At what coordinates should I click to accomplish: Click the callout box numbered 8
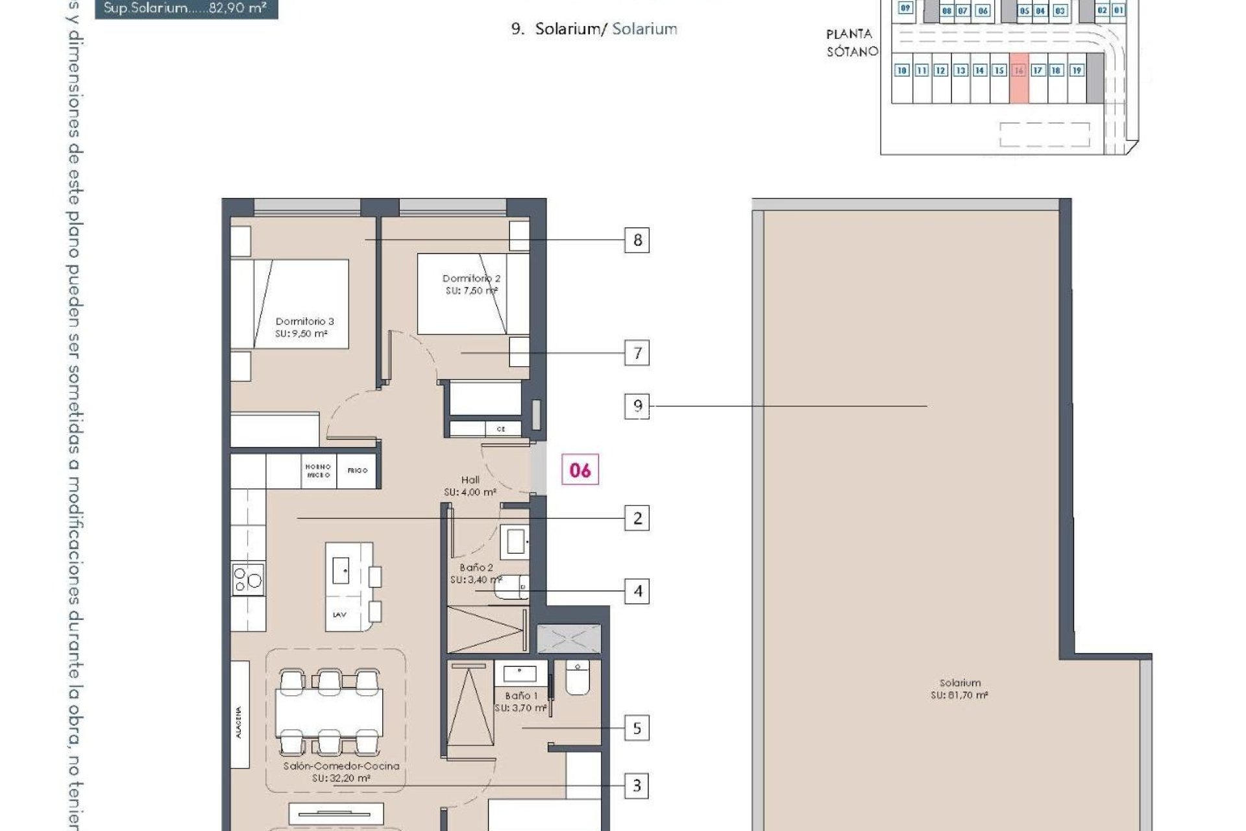(637, 240)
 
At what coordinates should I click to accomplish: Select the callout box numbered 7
(637, 353)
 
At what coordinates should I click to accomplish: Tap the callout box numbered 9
(637, 406)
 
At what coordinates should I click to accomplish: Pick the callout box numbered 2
(637, 519)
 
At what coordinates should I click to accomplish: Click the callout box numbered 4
(637, 591)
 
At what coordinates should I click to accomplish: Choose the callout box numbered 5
(637, 728)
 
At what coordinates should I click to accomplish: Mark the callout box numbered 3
(637, 786)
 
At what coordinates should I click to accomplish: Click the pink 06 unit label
(580, 470)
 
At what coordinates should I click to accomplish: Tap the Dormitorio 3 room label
(304, 327)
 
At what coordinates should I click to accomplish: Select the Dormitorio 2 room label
(471, 284)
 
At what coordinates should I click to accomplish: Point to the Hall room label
(470, 486)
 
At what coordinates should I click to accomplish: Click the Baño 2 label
(476, 573)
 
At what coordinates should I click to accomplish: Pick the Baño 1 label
(521, 702)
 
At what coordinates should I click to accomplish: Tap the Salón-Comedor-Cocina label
(341, 772)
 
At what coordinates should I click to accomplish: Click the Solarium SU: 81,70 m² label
(959, 689)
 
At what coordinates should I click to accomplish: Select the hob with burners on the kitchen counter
(248, 578)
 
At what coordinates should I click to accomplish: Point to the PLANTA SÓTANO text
(851, 43)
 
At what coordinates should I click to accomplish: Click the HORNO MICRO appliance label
(318, 471)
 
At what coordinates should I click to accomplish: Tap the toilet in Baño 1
(577, 678)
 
